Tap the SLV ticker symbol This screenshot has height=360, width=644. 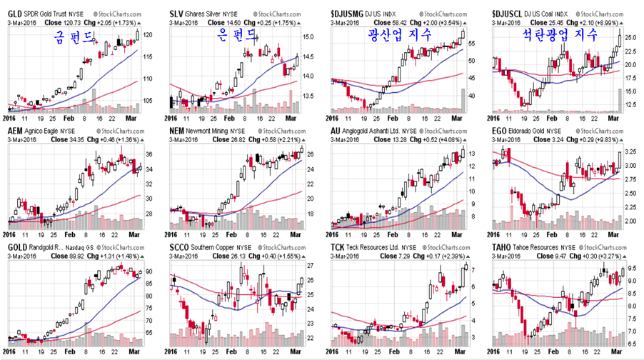click(177, 14)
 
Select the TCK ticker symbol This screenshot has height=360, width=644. click(339, 248)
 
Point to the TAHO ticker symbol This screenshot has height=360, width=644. click(503, 248)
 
